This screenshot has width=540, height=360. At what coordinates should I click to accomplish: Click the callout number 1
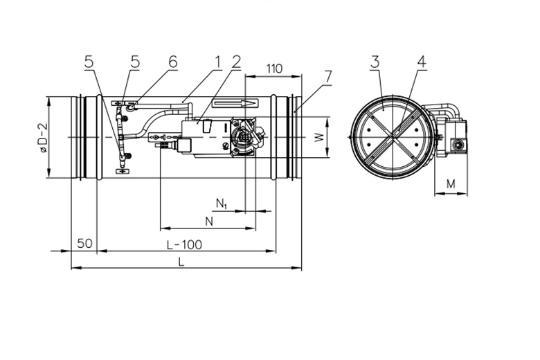[x=217, y=62]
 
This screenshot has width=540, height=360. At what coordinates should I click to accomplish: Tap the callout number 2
[x=236, y=62]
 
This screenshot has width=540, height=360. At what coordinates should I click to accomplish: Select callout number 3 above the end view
[x=375, y=62]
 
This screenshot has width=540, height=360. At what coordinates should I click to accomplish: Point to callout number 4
[x=422, y=62]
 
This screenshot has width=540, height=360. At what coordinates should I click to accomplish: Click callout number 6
[x=173, y=62]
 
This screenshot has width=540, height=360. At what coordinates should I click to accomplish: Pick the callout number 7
[x=327, y=77]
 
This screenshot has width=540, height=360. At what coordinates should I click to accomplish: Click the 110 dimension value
[x=274, y=69]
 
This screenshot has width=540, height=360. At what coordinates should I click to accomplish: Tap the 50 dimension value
[x=84, y=244]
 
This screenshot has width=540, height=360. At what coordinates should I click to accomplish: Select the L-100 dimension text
[x=184, y=244]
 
